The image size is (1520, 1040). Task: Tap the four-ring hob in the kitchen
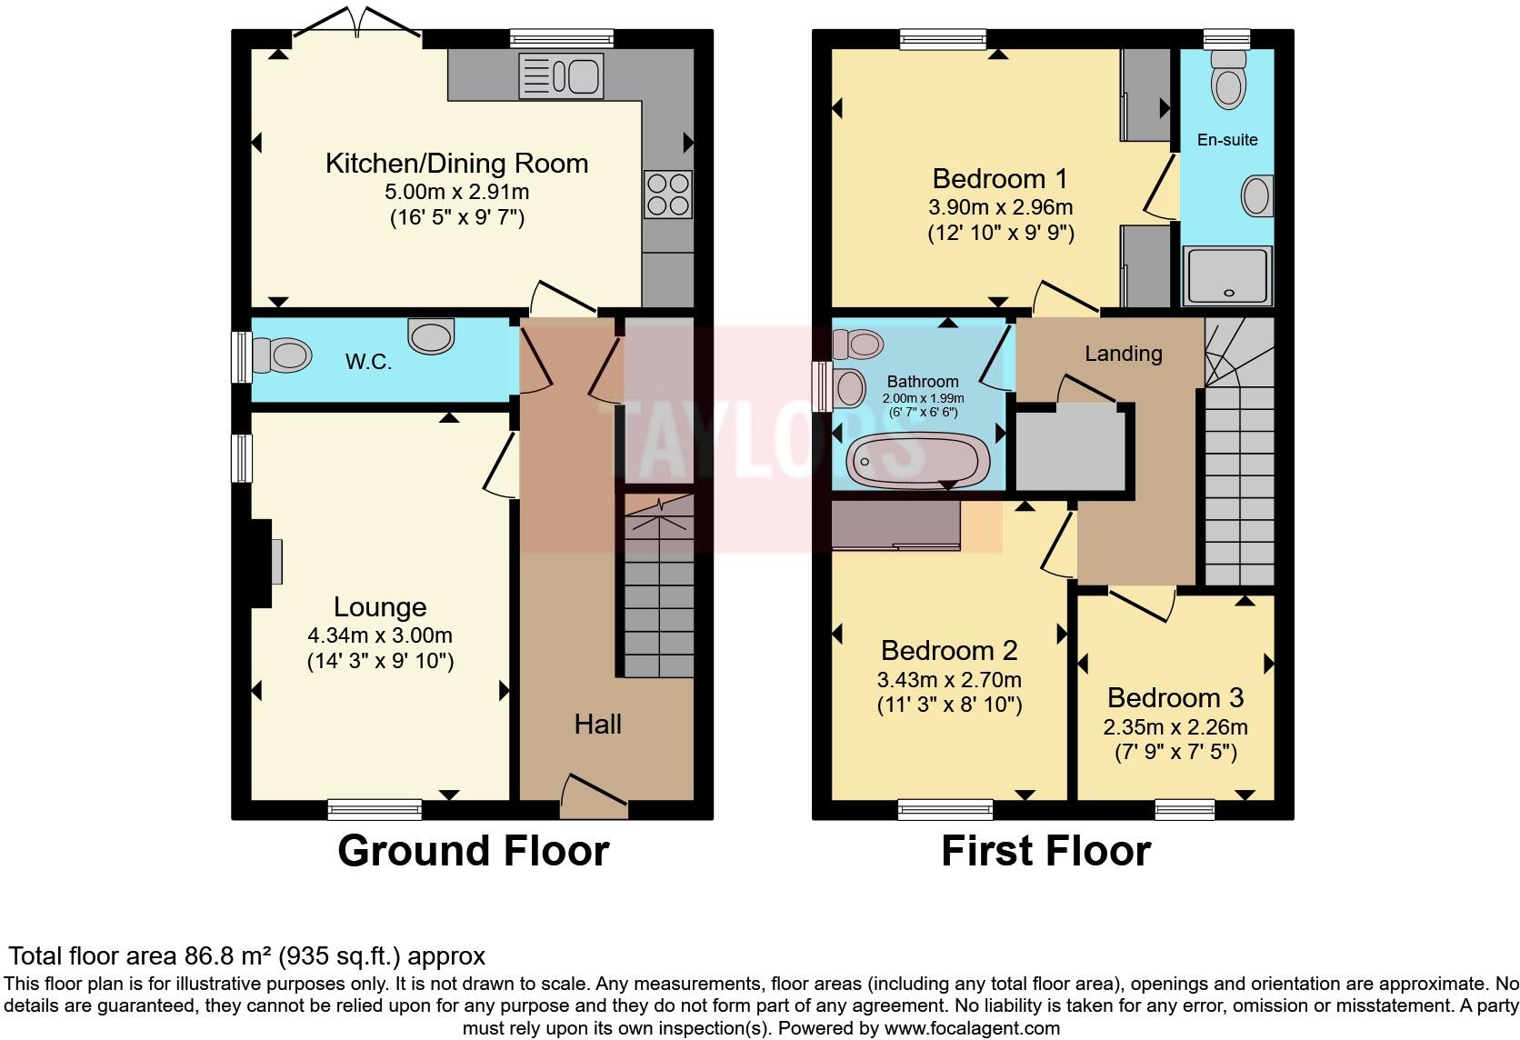coord(668,194)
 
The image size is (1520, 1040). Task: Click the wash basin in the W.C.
coord(430,335)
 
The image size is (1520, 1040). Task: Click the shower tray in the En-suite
coord(1227,275)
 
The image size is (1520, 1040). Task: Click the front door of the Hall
coord(595,791)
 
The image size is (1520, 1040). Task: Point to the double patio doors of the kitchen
coord(356,25)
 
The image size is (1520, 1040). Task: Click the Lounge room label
coord(380,606)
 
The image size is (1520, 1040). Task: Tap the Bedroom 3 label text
coord(1175,697)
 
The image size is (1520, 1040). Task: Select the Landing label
coord(1123,354)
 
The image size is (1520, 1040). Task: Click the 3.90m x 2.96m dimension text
coord(1000,207)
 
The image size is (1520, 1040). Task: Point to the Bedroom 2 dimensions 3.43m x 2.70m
coord(949,680)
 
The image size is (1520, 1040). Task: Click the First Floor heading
coord(1045,851)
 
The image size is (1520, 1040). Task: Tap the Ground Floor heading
coord(473,851)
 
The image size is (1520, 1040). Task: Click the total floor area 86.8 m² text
coord(246,955)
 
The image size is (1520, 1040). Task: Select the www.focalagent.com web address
coord(972,1028)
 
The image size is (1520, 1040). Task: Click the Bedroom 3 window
coord(1185,808)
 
